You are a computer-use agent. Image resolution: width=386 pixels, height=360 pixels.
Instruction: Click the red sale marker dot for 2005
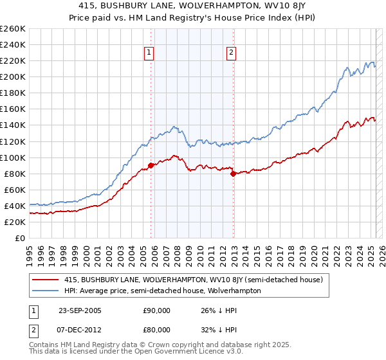pos(151,165)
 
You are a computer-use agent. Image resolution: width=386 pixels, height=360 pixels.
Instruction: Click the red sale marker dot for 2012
pos(233,174)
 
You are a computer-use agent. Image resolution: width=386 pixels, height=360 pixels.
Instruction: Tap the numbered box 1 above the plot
pos(149,53)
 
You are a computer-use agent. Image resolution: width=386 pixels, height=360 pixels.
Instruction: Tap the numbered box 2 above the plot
pos(231,53)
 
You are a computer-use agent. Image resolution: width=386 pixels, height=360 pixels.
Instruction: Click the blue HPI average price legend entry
pos(162,291)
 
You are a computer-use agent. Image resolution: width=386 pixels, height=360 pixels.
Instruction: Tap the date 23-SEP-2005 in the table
pos(79,310)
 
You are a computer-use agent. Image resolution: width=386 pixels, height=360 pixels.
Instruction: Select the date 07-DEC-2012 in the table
pos(79,330)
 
